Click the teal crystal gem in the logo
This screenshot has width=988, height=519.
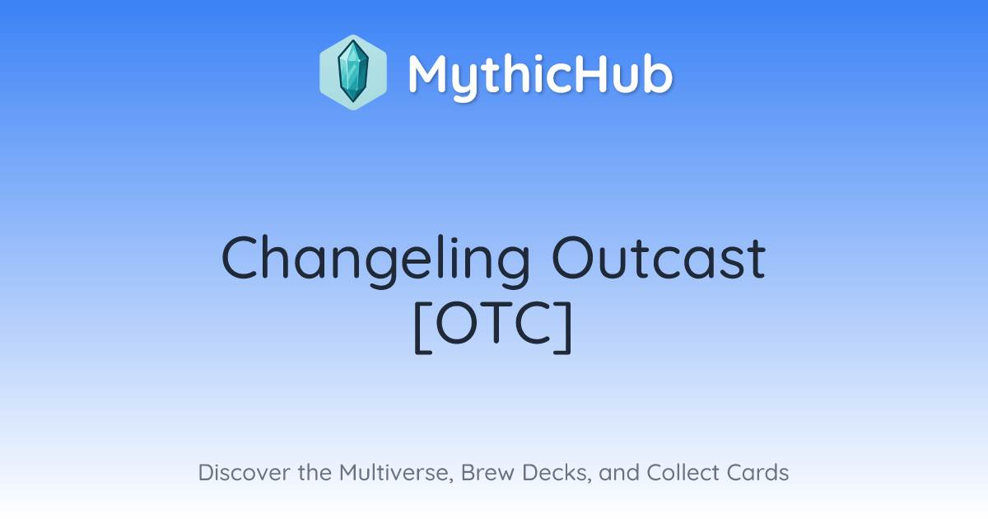pyautogui.click(x=353, y=72)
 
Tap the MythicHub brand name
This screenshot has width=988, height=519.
pyautogui.click(x=540, y=76)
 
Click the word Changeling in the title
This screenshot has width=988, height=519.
pyautogui.click(x=375, y=259)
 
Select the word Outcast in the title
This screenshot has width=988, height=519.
pyautogui.click(x=659, y=259)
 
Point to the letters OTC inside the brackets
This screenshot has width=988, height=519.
pyautogui.click(x=493, y=323)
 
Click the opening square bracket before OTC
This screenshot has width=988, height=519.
pyautogui.click(x=422, y=327)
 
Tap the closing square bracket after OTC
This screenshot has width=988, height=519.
pyautogui.click(x=564, y=327)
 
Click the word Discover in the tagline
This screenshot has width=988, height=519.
pyautogui.click(x=245, y=473)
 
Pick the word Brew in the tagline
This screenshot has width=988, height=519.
pyautogui.click(x=487, y=473)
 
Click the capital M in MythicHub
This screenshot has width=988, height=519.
pyautogui.click(x=429, y=73)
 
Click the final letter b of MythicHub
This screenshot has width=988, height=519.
pyautogui.click(x=657, y=73)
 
